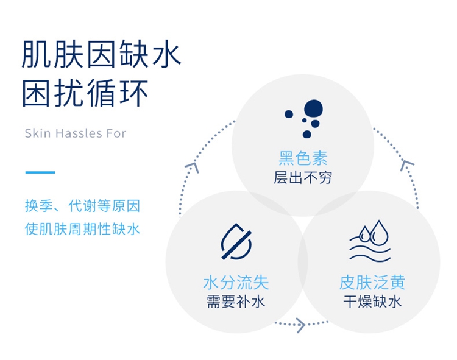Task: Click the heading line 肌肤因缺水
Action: click(101, 54)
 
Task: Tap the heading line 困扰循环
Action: click(85, 93)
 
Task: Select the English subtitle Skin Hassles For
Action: click(76, 133)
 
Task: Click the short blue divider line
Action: click(40, 172)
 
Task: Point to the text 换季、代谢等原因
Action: click(82, 206)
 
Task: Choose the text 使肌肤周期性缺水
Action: click(82, 228)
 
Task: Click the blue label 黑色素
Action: click(303, 158)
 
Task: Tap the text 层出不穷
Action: click(303, 177)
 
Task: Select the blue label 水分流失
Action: click(236, 282)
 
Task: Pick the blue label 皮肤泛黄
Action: click(372, 282)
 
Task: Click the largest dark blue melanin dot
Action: click(313, 109)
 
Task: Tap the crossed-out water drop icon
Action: click(236, 241)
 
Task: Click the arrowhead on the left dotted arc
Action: click(193, 167)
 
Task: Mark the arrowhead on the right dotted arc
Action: click(407, 165)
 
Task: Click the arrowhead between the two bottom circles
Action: click(302, 325)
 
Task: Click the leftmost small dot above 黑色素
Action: click(289, 114)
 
